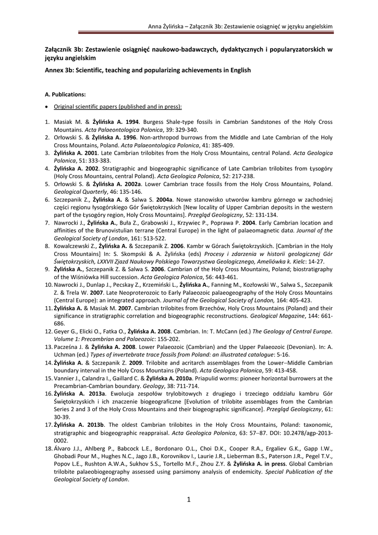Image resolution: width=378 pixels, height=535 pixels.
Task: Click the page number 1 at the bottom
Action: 189,499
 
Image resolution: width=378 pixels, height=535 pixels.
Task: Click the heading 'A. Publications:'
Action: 65,95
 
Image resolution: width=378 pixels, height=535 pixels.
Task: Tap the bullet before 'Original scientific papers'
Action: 47,107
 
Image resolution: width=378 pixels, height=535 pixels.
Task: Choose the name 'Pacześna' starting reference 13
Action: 67,346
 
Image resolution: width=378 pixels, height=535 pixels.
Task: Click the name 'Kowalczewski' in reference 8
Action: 74,246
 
